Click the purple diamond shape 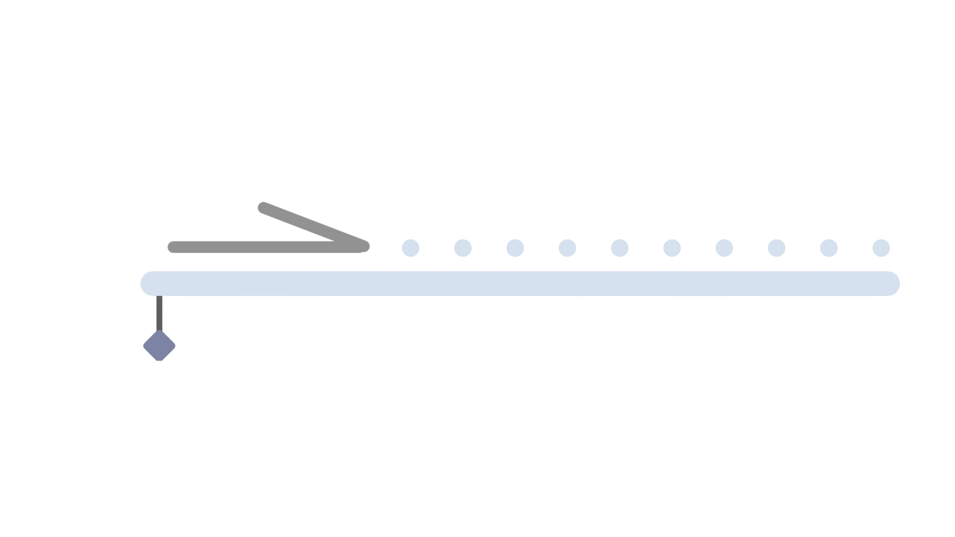[159, 346]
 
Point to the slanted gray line [313, 226]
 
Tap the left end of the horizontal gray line [173, 247]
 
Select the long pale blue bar [520, 283]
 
